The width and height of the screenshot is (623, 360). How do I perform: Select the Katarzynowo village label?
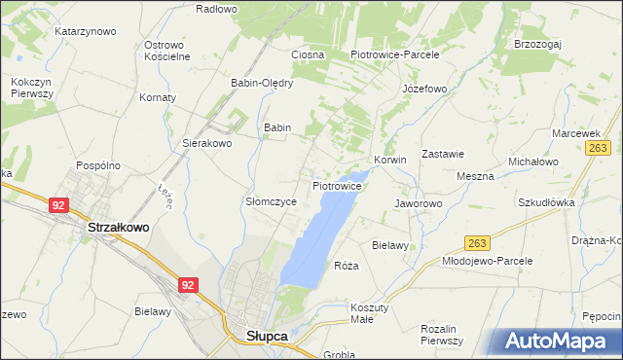point(86,31)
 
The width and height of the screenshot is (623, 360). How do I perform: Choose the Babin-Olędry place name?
point(262,83)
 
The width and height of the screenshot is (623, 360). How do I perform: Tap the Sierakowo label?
point(207,143)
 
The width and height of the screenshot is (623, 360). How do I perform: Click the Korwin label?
point(389,160)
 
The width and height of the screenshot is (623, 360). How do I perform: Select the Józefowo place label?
point(423,89)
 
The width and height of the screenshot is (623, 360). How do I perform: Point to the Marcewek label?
point(574,133)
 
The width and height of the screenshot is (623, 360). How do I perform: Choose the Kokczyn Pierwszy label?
point(32,88)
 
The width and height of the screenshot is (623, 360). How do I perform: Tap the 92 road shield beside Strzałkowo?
point(58,205)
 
